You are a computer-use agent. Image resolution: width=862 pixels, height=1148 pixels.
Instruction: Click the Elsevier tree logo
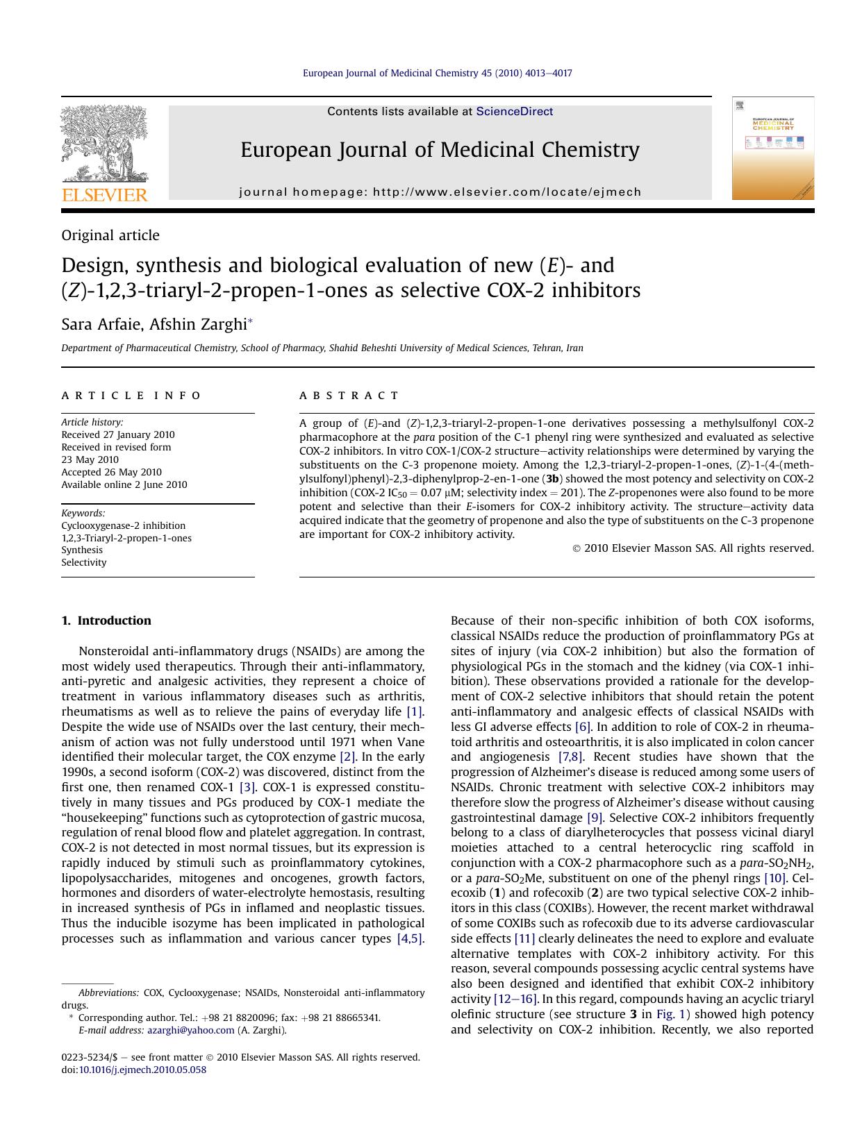pyautogui.click(x=104, y=144)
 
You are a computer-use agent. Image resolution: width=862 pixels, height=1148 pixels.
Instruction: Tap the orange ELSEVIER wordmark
pyautogui.click(x=105, y=195)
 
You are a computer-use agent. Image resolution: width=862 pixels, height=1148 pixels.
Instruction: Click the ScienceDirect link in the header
pyautogui.click(x=514, y=111)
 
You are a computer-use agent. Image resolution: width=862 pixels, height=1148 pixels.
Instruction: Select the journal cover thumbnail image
pyautogui.click(x=772, y=149)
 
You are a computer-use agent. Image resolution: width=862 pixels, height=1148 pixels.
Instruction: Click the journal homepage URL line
pyautogui.click(x=440, y=192)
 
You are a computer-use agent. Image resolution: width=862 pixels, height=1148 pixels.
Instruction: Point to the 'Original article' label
pyautogui.click(x=110, y=235)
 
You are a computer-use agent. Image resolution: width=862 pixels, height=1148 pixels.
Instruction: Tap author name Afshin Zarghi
pyautogui.click(x=198, y=324)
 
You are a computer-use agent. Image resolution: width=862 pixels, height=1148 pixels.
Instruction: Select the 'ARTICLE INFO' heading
pyautogui.click(x=131, y=396)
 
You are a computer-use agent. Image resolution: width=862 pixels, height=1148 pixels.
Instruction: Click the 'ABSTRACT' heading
pyautogui.click(x=349, y=396)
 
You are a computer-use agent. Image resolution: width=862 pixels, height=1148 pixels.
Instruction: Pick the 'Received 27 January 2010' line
pyautogui.click(x=118, y=434)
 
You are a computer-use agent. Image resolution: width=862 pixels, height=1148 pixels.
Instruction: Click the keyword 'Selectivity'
pyautogui.click(x=84, y=562)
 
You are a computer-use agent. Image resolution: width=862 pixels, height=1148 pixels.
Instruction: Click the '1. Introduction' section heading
pyautogui.click(x=106, y=621)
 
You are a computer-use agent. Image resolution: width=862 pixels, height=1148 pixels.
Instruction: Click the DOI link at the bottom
pyautogui.click(x=142, y=1070)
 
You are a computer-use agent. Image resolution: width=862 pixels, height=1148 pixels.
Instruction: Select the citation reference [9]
pyautogui.click(x=595, y=818)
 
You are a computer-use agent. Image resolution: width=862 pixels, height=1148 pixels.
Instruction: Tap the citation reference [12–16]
pyautogui.click(x=515, y=999)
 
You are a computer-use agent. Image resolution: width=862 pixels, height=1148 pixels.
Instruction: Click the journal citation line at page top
pyautogui.click(x=438, y=73)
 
